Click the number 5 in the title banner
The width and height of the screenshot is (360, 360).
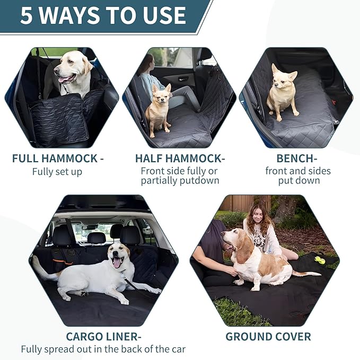[x=27, y=15]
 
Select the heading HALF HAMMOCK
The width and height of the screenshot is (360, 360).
[x=180, y=159]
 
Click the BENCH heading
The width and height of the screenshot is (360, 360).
[x=297, y=159]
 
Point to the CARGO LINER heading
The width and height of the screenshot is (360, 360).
[x=103, y=337]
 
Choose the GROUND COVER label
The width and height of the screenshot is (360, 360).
[x=268, y=337]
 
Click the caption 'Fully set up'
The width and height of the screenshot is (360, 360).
[x=57, y=172]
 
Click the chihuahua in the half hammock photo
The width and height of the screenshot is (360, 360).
[x=158, y=109]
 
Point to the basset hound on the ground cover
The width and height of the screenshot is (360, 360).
[x=254, y=260]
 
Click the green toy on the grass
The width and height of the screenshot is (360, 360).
[x=320, y=260]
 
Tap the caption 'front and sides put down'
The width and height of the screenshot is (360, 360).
[x=298, y=175]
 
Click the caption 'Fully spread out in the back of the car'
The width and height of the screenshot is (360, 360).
[x=103, y=349]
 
